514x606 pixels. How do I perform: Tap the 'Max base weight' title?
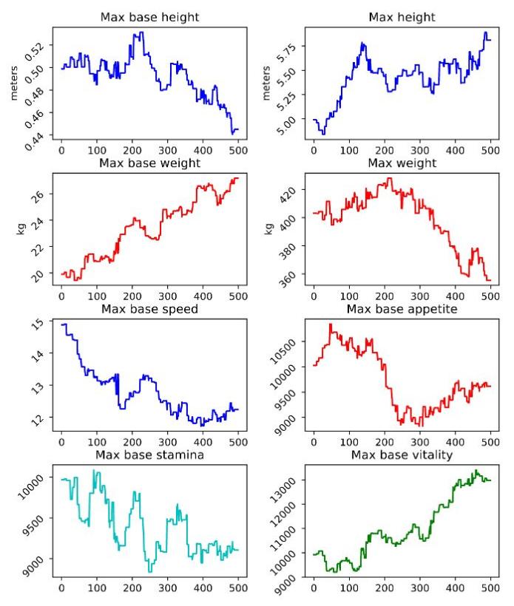click(149, 162)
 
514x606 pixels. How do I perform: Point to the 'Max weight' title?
click(401, 162)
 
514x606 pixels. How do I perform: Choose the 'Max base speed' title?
click(149, 308)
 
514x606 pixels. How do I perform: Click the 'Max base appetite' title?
click(401, 308)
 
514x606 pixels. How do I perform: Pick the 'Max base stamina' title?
click(149, 453)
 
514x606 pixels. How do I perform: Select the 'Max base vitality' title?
click(401, 453)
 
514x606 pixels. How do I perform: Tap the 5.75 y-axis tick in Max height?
click(288, 51)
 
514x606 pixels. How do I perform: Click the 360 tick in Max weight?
click(291, 279)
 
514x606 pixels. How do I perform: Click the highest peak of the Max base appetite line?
click(330, 324)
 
